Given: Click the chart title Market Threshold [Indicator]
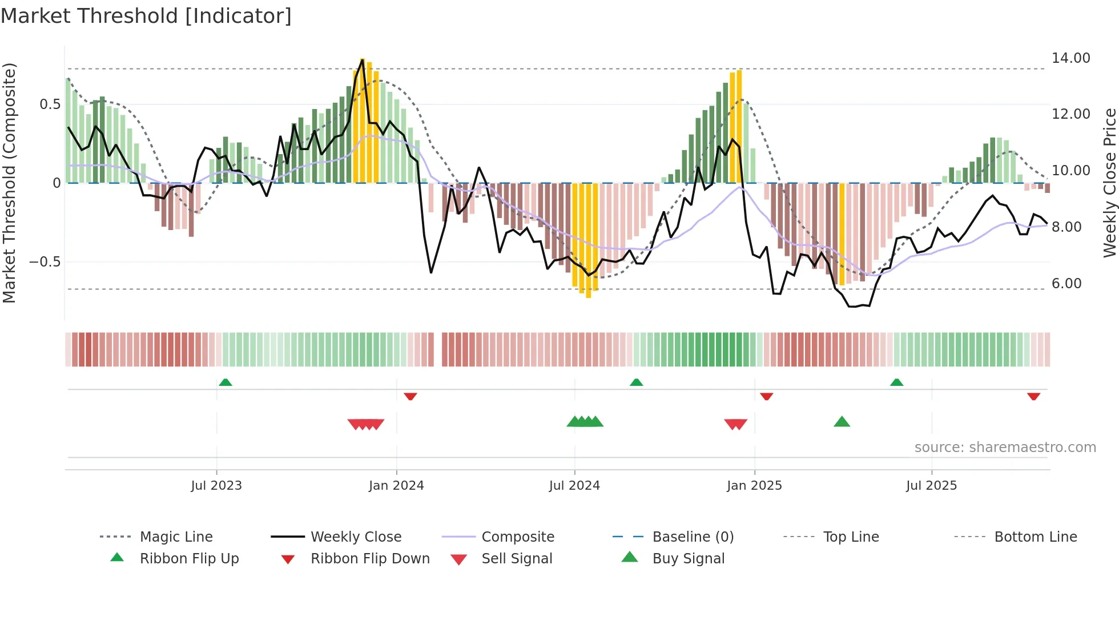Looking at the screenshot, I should tap(146, 16).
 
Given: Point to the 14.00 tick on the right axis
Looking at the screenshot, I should tap(1070, 58).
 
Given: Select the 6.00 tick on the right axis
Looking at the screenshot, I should tap(1066, 284).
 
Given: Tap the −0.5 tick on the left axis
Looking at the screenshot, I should tap(45, 262).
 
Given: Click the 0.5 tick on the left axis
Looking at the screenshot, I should tap(50, 104).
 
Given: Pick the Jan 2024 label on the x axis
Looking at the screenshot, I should tap(396, 486).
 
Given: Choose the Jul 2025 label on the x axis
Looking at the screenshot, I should tap(931, 486).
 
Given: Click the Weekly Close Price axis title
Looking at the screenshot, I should tap(1109, 183).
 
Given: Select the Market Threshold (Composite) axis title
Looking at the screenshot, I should tap(9, 183).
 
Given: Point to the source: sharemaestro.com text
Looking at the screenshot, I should tap(1005, 447).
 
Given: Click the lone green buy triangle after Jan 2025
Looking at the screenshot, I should tap(842, 422).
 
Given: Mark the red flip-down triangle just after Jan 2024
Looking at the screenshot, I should tap(410, 396).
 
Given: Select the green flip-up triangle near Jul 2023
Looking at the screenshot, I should tap(226, 382).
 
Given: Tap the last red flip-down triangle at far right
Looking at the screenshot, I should tap(1033, 396).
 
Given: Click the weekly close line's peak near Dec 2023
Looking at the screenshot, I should tap(362, 59).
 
